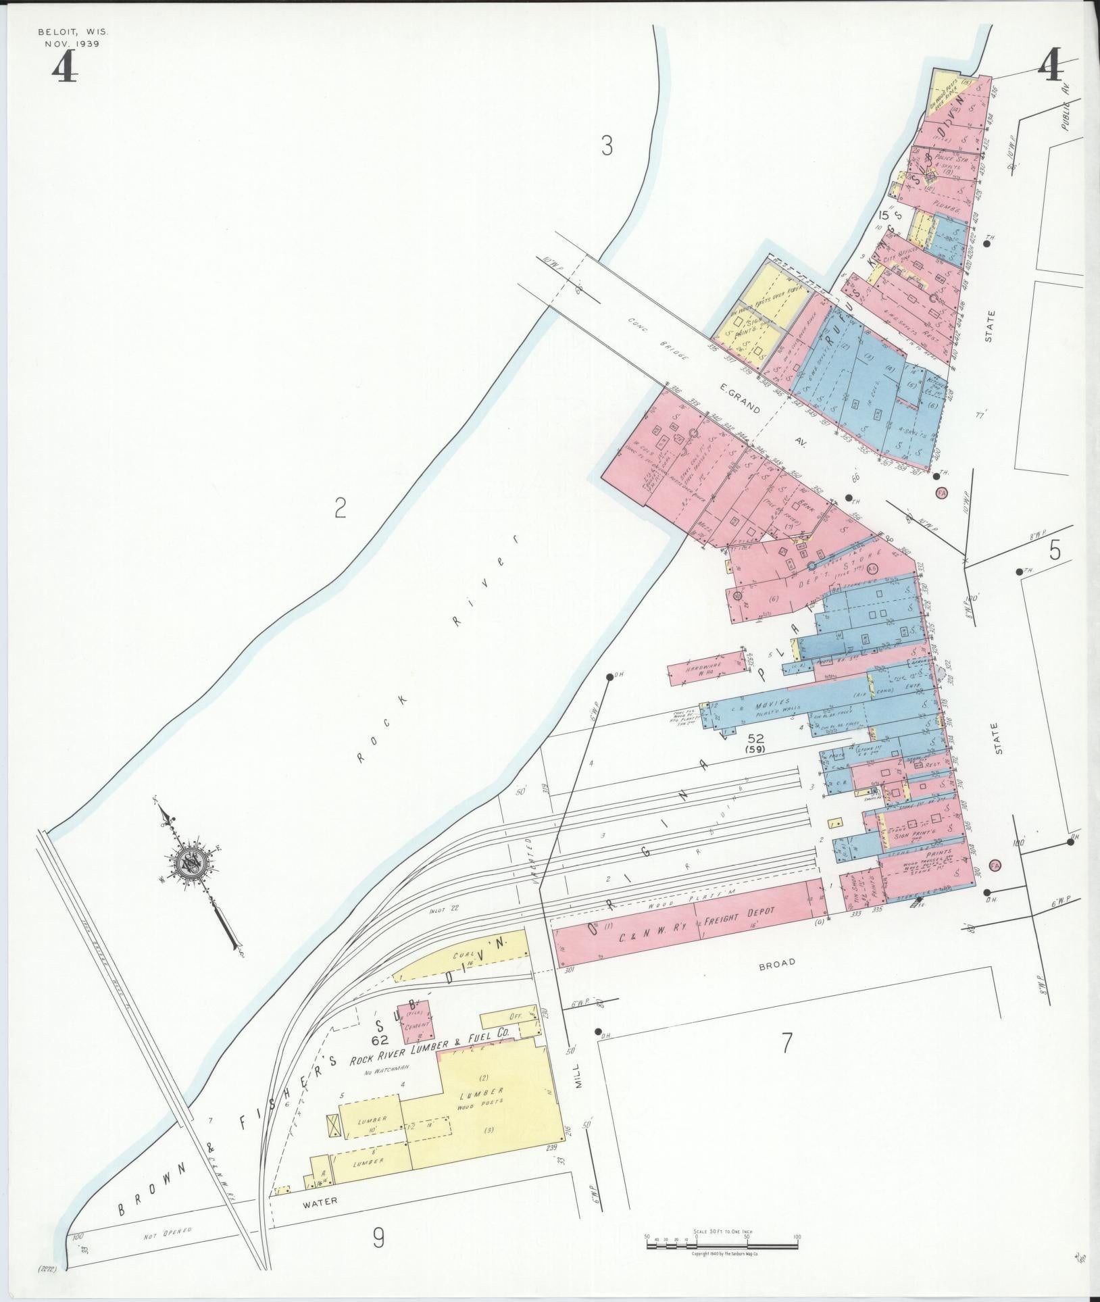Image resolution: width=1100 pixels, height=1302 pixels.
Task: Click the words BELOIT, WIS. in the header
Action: coord(73,32)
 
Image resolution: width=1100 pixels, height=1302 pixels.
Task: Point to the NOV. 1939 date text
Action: coord(73,44)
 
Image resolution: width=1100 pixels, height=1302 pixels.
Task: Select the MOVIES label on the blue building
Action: coord(771,703)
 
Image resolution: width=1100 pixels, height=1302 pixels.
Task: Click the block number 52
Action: coord(755,739)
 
